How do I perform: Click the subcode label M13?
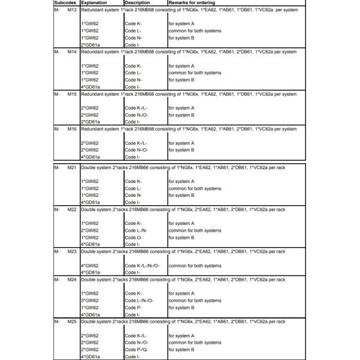click(x=71, y=11)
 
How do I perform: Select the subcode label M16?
click(x=71, y=129)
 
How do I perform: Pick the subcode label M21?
click(x=71, y=166)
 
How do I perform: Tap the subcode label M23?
click(x=71, y=251)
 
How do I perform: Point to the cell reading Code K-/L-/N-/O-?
click(x=146, y=265)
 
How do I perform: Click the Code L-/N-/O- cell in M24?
click(x=140, y=300)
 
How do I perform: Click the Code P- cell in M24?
click(x=133, y=307)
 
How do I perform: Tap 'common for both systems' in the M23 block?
click(x=194, y=265)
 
